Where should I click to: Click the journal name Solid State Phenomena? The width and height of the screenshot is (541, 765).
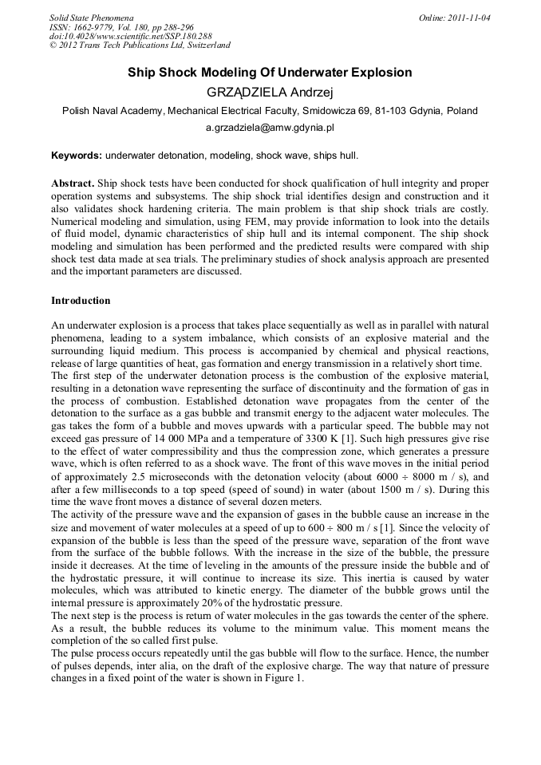tap(90, 17)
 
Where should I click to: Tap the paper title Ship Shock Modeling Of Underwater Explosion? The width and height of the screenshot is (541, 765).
tap(270, 73)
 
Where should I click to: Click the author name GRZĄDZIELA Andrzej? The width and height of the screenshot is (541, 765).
tap(270, 92)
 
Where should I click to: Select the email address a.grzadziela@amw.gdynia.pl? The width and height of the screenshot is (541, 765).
tap(270, 127)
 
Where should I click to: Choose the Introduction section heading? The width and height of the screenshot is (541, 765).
tap(81, 301)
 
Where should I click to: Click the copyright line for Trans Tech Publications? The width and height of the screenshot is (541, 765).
tap(140, 45)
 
